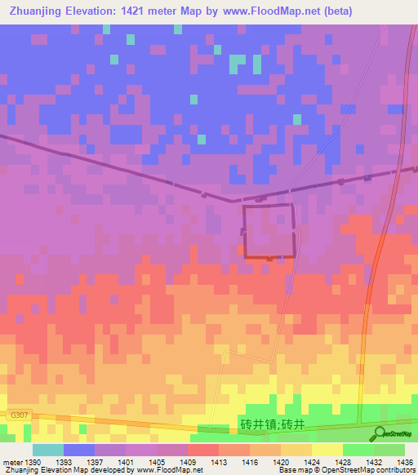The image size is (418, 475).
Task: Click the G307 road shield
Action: [x=19, y=415]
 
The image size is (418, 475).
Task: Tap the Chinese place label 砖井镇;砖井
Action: [x=273, y=424]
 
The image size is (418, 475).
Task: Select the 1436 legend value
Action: [x=404, y=462]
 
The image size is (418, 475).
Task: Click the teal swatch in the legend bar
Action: [x=48, y=450]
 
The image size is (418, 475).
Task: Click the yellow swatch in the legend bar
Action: [x=327, y=450]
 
